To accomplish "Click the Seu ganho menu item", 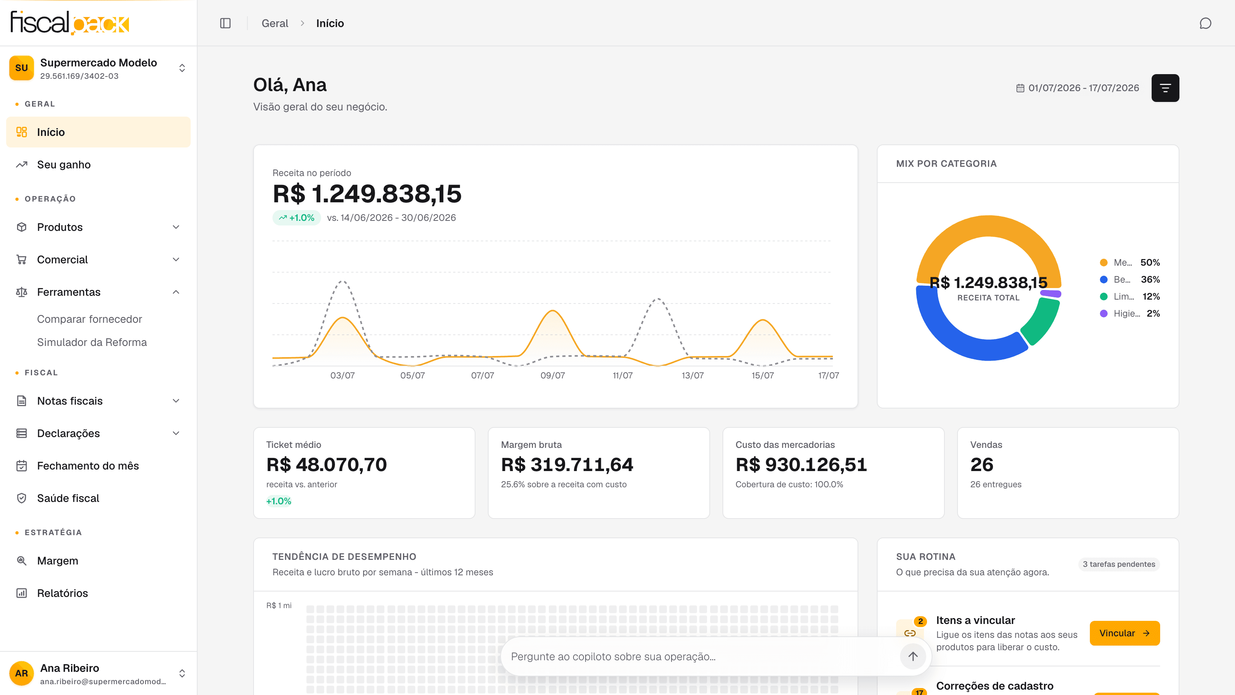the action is [64, 164].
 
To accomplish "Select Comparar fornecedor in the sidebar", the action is [90, 319].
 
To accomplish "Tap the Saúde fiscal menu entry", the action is [68, 498].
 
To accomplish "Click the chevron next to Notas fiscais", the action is [176, 400].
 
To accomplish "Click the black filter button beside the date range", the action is [1165, 88].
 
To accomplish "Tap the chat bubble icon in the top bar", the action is [1205, 24].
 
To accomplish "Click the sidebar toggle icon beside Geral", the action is [225, 23].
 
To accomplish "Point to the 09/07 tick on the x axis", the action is [552, 375].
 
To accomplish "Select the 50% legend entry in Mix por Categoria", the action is [1130, 263].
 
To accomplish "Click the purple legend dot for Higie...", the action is [1104, 313].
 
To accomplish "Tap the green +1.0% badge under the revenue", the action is [296, 218].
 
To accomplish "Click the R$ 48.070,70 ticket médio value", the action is [327, 464].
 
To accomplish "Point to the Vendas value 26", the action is [981, 464].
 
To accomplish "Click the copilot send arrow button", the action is [912, 656].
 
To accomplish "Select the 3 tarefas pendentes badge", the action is [1119, 564].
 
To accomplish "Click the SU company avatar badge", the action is [21, 68].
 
